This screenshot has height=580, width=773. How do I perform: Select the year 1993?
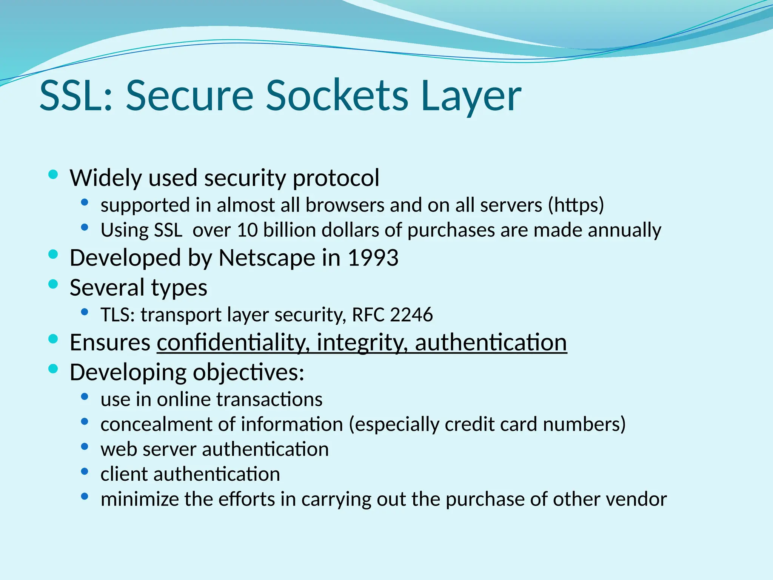click(373, 258)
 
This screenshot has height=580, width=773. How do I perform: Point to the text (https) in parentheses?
click(576, 205)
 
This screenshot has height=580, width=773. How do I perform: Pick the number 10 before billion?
click(247, 230)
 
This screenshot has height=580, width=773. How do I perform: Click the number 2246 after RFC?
click(411, 315)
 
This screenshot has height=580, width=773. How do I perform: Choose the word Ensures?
click(110, 342)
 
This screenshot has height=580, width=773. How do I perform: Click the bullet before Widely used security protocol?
click(53, 174)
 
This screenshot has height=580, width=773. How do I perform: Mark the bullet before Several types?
click(53, 284)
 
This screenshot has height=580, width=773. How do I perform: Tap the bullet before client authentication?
click(85, 471)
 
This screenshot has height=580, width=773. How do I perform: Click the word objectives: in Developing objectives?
click(249, 373)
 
